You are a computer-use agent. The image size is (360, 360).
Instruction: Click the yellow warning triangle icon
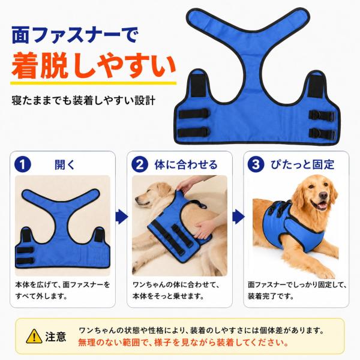click(34, 337)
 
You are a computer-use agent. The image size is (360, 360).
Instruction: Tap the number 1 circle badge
click(23, 164)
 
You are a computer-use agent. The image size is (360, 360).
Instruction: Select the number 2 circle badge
click(140, 164)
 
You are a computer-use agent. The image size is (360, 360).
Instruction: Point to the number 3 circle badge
click(256, 164)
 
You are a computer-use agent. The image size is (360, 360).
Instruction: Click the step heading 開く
click(65, 164)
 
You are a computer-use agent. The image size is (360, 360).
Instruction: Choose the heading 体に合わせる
click(186, 164)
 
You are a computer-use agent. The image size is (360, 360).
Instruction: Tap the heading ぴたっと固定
click(302, 164)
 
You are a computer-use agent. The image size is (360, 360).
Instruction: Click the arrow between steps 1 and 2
click(121, 217)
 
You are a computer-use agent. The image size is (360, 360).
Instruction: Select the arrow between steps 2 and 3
click(238, 217)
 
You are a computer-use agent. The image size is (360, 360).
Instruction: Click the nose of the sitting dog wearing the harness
click(323, 196)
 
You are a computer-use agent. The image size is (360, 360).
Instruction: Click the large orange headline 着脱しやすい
click(94, 65)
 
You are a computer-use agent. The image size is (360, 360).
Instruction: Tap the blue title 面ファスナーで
click(74, 35)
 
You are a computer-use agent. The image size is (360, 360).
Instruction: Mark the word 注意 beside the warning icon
click(56, 337)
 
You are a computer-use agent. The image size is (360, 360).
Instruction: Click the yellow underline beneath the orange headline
click(94, 83)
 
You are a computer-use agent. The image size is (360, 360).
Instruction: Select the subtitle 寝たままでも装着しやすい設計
click(83, 101)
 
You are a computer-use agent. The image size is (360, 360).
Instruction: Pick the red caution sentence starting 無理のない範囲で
click(184, 343)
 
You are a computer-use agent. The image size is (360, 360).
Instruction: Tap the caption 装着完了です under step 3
click(271, 296)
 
